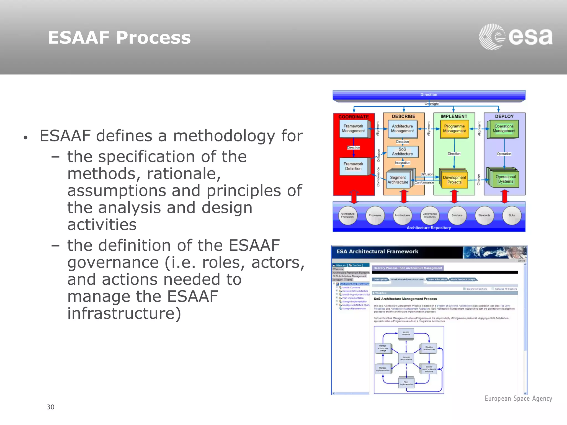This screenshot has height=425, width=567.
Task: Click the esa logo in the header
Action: pos(516,37)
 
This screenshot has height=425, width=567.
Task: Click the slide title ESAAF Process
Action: pos(119,38)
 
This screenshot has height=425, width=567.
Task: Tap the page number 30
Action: pos(50,407)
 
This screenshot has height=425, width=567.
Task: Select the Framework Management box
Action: pos(353,129)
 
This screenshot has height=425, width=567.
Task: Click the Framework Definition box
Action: pos(353,166)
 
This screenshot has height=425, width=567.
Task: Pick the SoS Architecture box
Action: pos(402,152)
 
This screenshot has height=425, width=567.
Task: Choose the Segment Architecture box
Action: pos(398,180)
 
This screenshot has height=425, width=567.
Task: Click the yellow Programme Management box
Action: pos(454,129)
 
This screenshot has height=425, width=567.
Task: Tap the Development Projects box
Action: pos(454,180)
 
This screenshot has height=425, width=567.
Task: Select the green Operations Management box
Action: pos(504,129)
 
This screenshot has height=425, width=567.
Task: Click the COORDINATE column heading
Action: pos(354,117)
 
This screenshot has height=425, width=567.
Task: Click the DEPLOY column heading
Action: pos(504,116)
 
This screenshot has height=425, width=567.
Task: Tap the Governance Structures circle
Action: pos(429,215)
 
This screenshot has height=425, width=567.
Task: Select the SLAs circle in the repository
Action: pos(511,215)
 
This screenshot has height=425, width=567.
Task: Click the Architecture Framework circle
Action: pos(347,215)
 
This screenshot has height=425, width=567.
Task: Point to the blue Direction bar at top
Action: pos(429,95)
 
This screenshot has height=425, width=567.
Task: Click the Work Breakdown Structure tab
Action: pos(407,279)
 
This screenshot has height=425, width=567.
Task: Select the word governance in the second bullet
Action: pos(113,262)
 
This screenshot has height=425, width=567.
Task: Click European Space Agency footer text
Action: pos(518,398)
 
